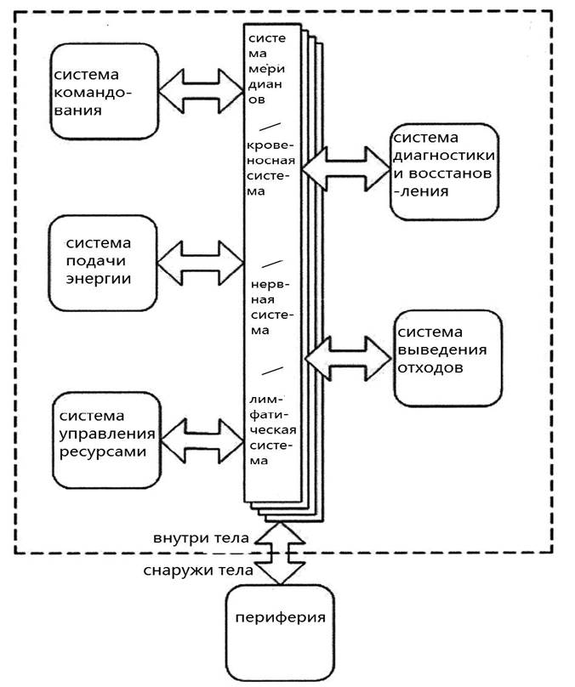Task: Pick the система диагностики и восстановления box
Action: pyautogui.click(x=444, y=173)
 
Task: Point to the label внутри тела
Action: pyautogui.click(x=202, y=538)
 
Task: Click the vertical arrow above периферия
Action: pyautogui.click(x=281, y=554)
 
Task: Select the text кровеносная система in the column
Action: pyautogui.click(x=270, y=162)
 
